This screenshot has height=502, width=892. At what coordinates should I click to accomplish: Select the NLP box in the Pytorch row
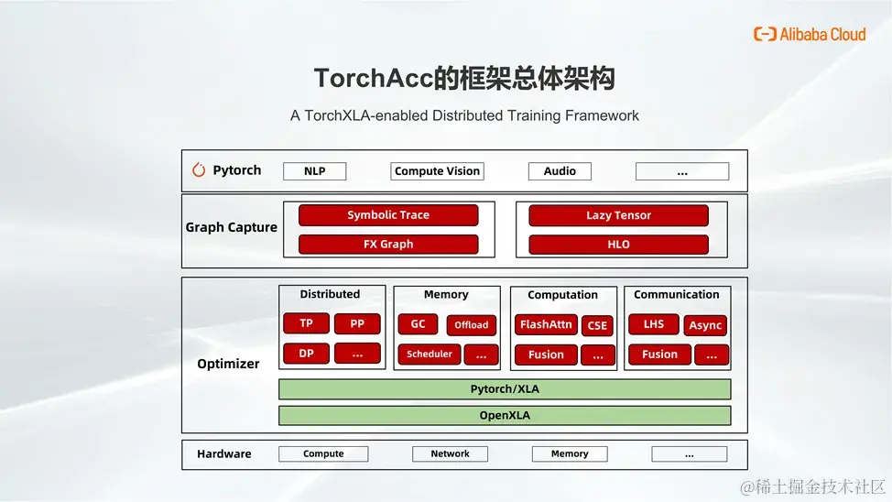(314, 171)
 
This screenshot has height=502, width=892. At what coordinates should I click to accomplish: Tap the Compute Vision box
(437, 171)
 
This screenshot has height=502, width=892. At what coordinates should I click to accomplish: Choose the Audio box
(560, 171)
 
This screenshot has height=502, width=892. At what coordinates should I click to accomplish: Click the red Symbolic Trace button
(388, 215)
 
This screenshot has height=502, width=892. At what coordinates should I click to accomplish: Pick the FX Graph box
(388, 245)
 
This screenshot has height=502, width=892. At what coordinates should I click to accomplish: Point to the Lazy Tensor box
(618, 216)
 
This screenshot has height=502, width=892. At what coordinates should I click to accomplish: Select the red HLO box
(618, 245)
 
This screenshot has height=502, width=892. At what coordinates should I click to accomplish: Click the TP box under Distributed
(306, 323)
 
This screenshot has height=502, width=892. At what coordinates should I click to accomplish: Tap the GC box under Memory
(418, 324)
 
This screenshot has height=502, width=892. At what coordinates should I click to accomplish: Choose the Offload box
(472, 325)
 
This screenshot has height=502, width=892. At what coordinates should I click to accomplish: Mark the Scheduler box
(429, 354)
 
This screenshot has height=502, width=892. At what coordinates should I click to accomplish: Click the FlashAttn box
(546, 324)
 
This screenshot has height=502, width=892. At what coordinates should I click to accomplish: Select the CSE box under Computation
(597, 325)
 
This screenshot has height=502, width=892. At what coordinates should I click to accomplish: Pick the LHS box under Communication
(653, 324)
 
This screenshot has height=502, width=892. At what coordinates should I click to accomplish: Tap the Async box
(705, 325)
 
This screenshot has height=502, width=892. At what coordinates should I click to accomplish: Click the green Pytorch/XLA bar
(505, 389)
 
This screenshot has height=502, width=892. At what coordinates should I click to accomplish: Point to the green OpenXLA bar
(505, 416)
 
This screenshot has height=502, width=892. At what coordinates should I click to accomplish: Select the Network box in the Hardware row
(450, 453)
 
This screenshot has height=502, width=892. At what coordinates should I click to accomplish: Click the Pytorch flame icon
(199, 170)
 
